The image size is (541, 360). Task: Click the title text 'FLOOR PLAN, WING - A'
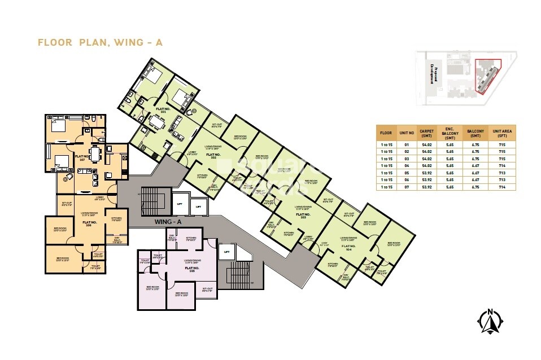[99, 42]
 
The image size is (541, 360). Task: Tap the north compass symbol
[490, 322]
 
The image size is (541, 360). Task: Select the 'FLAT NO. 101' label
[163, 111]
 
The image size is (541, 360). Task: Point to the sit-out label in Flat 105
[207, 289]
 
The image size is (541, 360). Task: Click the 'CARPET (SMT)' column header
[426, 133]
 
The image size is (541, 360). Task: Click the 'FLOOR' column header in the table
[386, 133]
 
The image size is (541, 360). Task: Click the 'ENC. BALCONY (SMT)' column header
[450, 133]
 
